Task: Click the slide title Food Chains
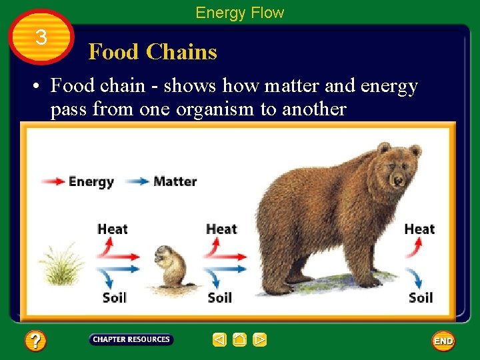click(x=153, y=52)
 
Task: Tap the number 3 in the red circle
click(x=41, y=37)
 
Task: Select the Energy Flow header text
click(x=239, y=12)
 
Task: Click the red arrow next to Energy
click(x=53, y=181)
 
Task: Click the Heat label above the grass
click(x=112, y=229)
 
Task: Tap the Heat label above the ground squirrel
click(x=221, y=229)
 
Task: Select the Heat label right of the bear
click(x=419, y=229)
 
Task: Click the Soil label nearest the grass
click(x=115, y=297)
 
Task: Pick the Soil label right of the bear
click(x=421, y=297)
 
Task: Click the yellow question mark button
click(x=35, y=341)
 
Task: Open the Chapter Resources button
click(x=131, y=340)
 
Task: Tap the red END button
click(x=443, y=341)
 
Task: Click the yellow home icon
click(x=240, y=340)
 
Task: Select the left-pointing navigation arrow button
click(x=220, y=340)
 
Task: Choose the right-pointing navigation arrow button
click(x=260, y=340)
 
